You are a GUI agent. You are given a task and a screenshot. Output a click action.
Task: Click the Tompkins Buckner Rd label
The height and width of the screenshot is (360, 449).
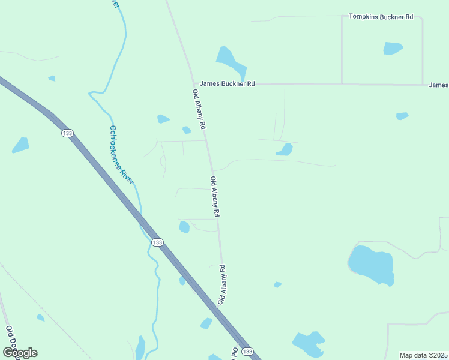tap(381, 17)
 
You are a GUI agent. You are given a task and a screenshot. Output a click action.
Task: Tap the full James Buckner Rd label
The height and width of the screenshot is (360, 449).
tap(228, 84)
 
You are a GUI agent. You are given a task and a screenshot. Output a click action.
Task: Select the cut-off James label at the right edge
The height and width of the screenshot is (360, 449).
tap(439, 85)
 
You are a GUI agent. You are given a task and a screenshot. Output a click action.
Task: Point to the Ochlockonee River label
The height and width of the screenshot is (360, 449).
tap(121, 154)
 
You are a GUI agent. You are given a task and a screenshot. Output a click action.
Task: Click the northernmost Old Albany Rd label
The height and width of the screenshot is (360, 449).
tap(199, 110)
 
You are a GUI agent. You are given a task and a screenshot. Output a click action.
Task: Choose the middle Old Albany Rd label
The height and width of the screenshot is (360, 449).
tap(215, 197)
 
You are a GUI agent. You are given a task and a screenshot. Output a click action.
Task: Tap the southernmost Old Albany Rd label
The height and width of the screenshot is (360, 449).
tap(221, 284)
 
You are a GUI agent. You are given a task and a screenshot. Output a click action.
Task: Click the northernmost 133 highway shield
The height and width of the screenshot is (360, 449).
tap(67, 133)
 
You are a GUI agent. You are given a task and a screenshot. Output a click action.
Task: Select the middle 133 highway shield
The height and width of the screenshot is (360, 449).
tap(157, 242)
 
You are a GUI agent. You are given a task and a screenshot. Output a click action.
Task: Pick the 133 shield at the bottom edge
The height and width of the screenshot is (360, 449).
tap(248, 351)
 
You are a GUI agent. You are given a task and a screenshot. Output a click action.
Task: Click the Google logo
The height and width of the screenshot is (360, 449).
tap(20, 353)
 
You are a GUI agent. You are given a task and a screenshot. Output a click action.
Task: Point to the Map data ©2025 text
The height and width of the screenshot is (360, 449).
tap(423, 355)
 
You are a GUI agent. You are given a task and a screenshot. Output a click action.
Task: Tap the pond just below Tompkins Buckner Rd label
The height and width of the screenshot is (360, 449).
tap(393, 48)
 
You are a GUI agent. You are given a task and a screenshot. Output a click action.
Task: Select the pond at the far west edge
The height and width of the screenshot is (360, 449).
tap(20, 145)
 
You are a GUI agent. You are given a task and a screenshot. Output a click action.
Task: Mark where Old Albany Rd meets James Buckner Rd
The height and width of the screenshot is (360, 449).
tap(194, 83)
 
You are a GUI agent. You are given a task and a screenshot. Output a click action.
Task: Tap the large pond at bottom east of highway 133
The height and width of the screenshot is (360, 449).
tap(309, 343)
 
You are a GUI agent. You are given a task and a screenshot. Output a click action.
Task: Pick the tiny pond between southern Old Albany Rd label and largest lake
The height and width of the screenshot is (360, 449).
tap(277, 284)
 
